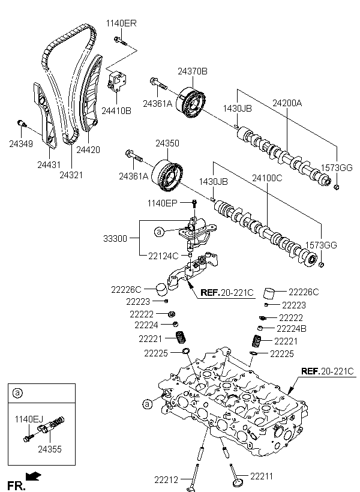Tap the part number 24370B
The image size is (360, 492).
(192, 71)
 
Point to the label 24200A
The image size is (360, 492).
(287, 103)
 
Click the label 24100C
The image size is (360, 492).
(267, 178)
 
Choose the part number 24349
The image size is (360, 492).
(21, 143)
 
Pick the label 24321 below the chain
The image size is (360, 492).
(71, 175)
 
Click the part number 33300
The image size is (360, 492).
(115, 238)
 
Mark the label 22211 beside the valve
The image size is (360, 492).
(262, 476)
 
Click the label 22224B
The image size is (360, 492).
(292, 328)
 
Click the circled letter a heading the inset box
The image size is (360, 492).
(17, 393)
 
